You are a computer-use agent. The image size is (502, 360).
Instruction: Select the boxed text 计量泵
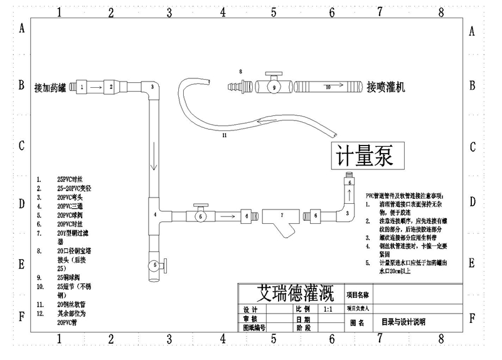[365, 156]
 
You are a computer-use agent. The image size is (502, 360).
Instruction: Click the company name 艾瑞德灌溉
[296, 294]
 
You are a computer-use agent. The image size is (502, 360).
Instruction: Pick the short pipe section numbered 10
[328, 87]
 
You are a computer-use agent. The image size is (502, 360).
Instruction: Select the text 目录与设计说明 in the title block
[403, 322]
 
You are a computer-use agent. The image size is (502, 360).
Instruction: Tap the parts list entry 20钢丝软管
[71, 304]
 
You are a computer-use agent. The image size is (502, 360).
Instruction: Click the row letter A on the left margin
[22, 28]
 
